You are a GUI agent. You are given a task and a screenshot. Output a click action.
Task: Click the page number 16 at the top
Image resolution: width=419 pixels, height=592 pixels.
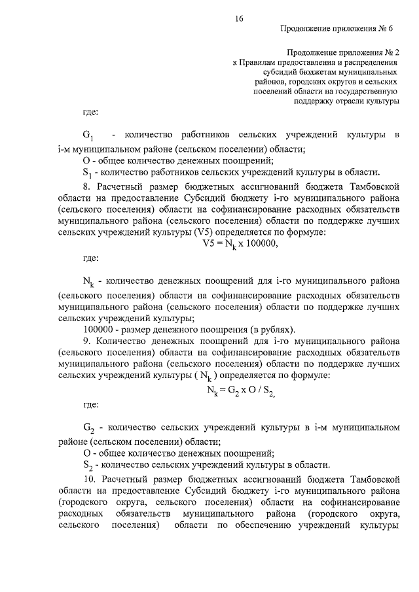tap(239, 20)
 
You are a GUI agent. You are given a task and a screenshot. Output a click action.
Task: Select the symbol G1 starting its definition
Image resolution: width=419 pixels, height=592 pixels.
tap(89, 136)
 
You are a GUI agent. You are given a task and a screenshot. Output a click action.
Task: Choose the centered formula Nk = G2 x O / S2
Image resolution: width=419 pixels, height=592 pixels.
tap(240, 391)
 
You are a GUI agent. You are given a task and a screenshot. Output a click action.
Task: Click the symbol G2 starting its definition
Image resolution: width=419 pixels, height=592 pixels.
tap(89, 429)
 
